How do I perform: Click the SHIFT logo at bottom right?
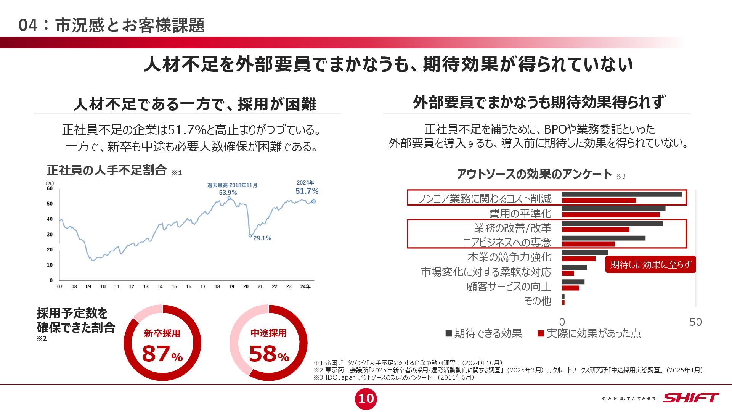click(690, 398)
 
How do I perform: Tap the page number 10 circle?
click(366, 399)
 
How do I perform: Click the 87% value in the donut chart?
click(162, 354)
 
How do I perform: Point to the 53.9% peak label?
click(228, 193)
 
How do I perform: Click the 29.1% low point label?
click(262, 238)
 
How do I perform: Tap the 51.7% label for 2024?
click(307, 191)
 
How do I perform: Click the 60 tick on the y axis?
click(50, 188)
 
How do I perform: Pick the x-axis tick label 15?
click(174, 286)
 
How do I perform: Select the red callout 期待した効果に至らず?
click(650, 264)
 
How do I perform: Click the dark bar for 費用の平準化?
click(613, 209)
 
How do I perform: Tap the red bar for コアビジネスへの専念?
click(588, 244)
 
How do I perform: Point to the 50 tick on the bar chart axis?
click(695, 322)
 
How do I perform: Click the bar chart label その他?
click(538, 301)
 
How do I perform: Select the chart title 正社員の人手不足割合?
click(107, 170)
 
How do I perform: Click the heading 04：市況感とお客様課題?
click(112, 25)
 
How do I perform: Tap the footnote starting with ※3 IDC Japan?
click(394, 377)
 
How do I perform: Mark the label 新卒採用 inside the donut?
click(162, 333)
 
